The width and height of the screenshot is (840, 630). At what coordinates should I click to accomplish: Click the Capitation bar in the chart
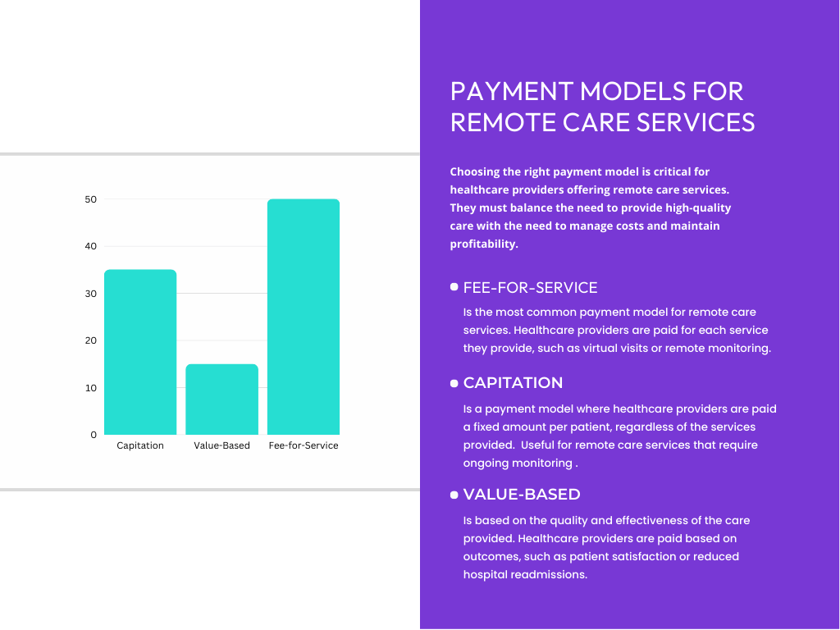point(140,352)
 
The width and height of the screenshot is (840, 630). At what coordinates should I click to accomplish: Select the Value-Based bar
point(221,399)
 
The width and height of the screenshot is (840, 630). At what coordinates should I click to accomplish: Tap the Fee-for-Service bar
point(304,317)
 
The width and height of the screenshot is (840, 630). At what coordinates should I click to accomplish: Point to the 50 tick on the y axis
point(90,199)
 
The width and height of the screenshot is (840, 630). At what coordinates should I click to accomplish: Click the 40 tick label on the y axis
point(90,246)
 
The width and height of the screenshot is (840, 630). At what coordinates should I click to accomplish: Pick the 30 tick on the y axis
point(90,294)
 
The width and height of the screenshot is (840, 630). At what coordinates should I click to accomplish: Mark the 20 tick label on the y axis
point(90,340)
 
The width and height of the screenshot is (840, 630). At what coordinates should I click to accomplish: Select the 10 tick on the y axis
point(90,388)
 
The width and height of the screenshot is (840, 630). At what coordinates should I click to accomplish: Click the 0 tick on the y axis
point(94,435)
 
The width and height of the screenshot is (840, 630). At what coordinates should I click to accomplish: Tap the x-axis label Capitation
point(140,445)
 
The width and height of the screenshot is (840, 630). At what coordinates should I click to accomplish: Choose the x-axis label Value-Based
point(221,445)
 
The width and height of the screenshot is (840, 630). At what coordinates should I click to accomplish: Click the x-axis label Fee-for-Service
point(304,445)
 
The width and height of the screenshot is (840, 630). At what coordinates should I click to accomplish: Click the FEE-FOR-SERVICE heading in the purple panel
point(530,288)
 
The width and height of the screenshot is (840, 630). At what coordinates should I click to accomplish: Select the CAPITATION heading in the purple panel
point(513,383)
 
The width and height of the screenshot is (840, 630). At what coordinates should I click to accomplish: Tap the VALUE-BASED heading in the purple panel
point(522,495)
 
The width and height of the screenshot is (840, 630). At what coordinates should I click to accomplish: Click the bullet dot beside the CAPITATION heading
point(454,383)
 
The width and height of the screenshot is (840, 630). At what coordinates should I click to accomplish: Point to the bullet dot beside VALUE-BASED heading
point(454,495)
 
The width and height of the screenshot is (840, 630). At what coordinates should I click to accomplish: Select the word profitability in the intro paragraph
point(484,244)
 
